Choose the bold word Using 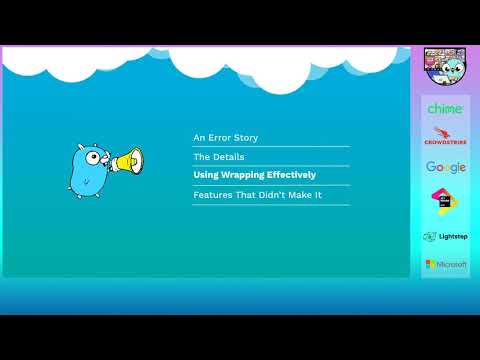pyautogui.click(x=206, y=175)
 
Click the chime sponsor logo pyautogui.click(x=445, y=108)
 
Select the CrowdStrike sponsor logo pyautogui.click(x=445, y=136)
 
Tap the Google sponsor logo pyautogui.click(x=445, y=167)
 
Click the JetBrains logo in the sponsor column pyautogui.click(x=445, y=200)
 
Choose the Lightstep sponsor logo pyautogui.click(x=445, y=237)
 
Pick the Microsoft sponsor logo pyautogui.click(x=445, y=264)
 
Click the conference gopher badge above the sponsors pyautogui.click(x=444, y=66)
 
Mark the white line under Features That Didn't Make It pyautogui.click(x=271, y=205)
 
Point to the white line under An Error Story pyautogui.click(x=271, y=147)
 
